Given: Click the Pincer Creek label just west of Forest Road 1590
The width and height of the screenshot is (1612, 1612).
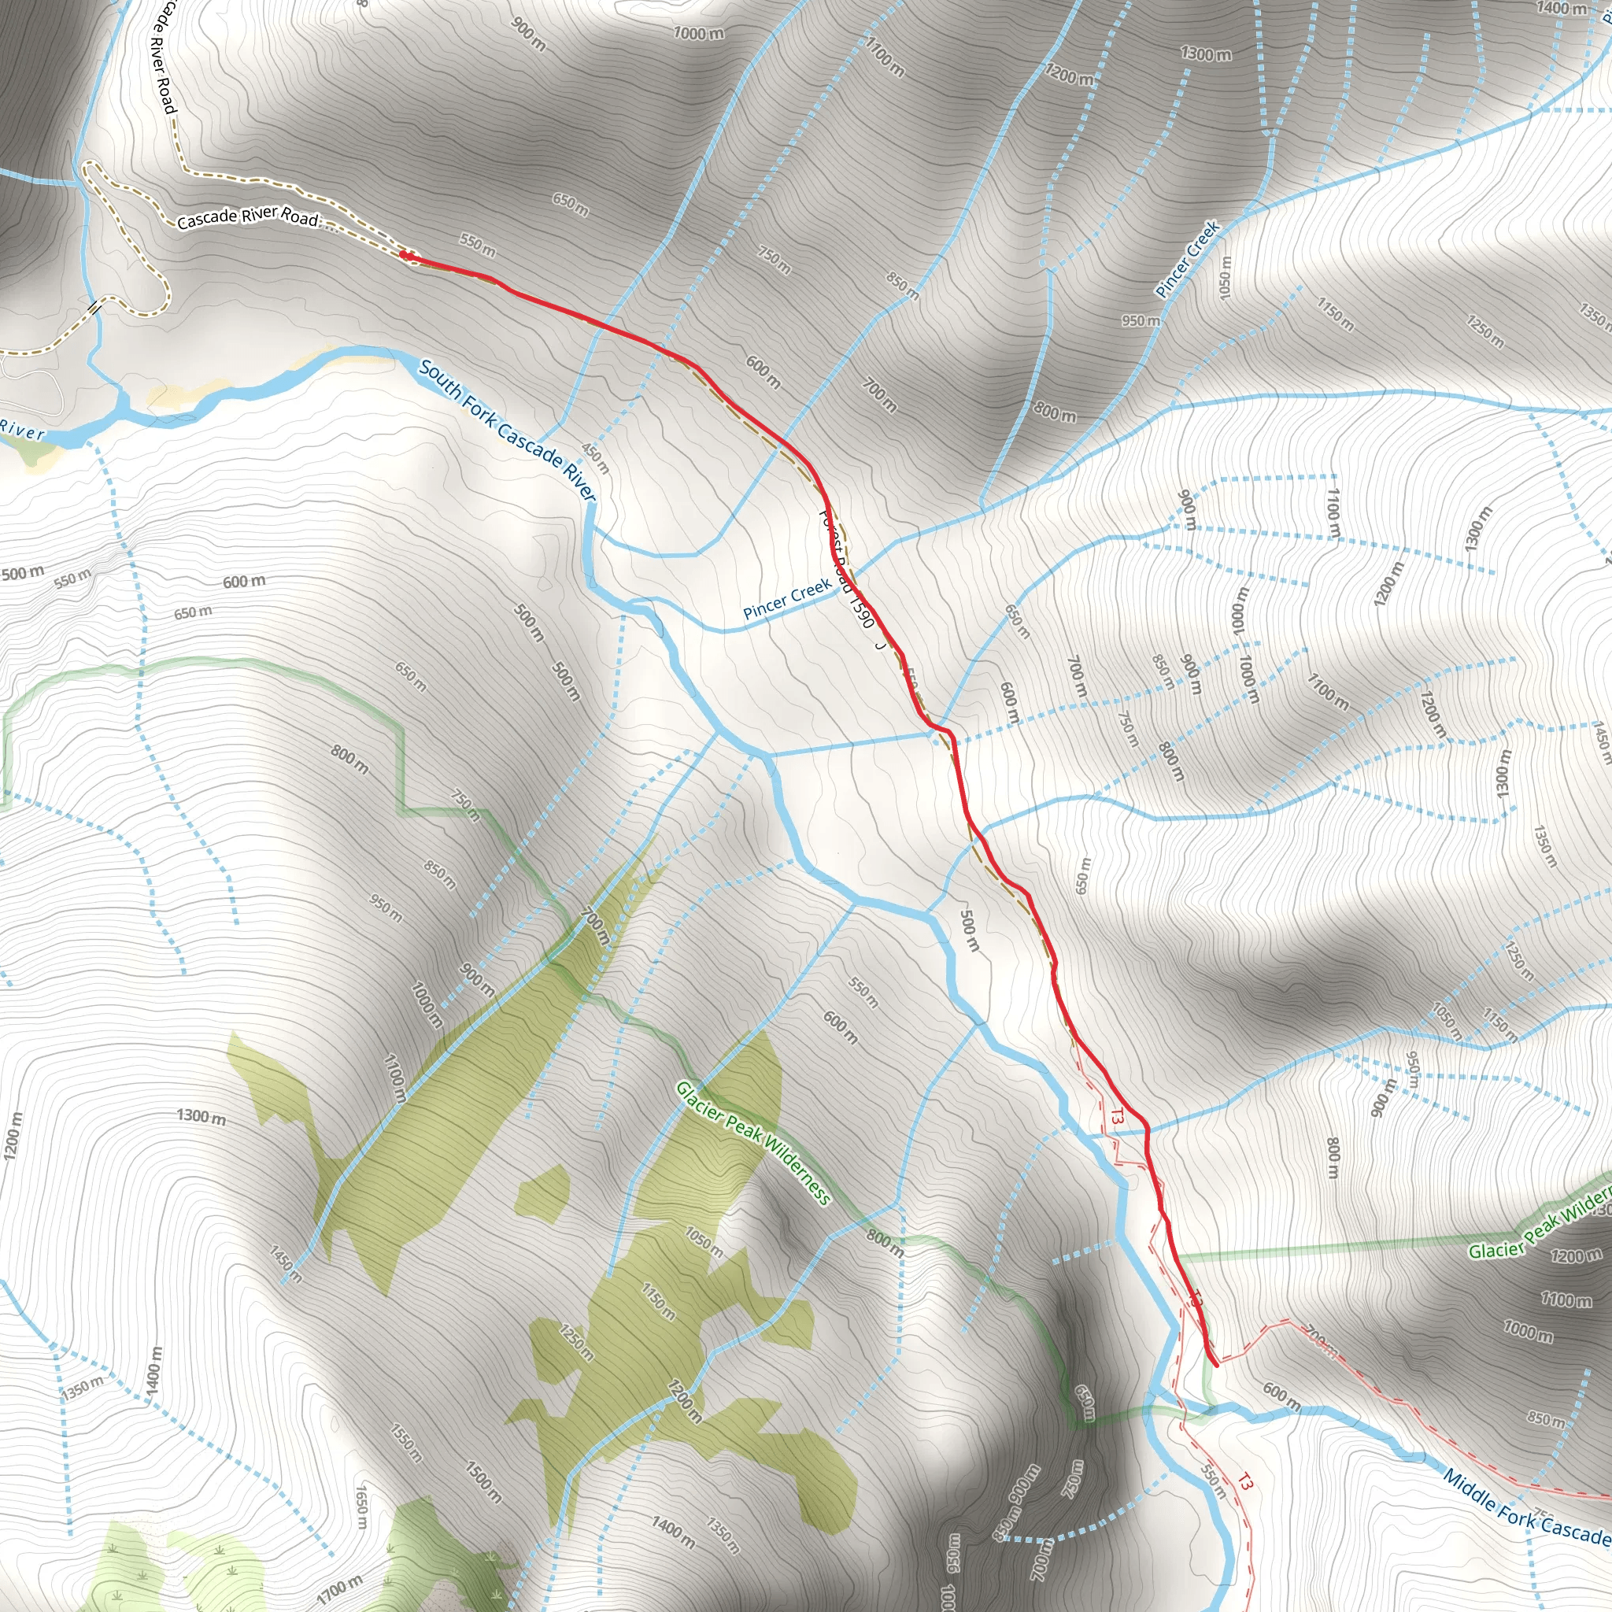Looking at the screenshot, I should (787, 598).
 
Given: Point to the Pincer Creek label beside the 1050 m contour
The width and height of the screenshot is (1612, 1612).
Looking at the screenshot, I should (1187, 259).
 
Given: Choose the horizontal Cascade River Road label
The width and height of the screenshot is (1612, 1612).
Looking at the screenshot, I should (248, 217).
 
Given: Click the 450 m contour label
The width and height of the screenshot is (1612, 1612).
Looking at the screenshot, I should (596, 458).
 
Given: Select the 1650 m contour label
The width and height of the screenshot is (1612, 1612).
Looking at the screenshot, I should (361, 1506).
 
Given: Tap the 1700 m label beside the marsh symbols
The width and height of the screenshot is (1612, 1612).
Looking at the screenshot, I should (339, 1590).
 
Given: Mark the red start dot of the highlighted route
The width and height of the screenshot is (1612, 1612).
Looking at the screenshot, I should (403, 254).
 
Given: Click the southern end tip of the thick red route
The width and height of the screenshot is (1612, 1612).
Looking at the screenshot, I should (1215, 1365).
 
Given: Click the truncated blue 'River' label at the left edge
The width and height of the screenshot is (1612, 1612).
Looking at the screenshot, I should (22, 431).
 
